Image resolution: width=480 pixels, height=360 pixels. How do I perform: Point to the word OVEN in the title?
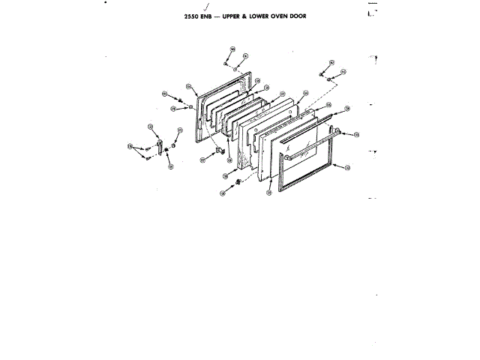click(295, 16)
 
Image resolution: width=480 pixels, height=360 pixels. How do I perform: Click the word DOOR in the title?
click(318, 16)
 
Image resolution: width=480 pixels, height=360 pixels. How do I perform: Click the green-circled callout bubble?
click(223, 193)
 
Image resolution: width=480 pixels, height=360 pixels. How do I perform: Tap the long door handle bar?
click(311, 142)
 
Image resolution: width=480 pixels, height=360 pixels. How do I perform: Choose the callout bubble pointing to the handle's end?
click(356, 135)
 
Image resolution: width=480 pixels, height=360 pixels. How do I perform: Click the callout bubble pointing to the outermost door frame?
click(347, 168)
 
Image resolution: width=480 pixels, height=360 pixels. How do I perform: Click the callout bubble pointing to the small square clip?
click(203, 159)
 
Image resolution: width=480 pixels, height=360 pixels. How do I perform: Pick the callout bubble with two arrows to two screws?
click(130, 145)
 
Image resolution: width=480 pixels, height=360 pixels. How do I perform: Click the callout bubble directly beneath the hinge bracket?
click(170, 166)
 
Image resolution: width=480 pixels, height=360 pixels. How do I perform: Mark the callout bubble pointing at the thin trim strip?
click(348, 109)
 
